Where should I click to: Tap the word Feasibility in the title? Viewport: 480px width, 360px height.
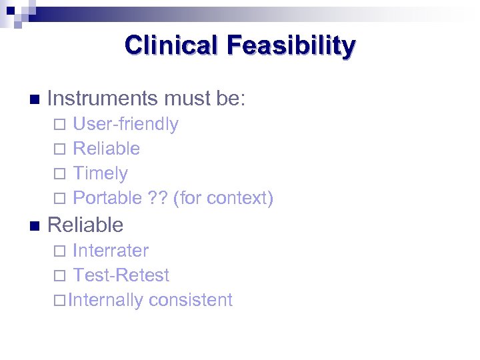click(291, 45)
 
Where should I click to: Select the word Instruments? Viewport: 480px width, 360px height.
click(101, 99)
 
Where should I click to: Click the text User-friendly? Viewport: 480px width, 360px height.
click(125, 124)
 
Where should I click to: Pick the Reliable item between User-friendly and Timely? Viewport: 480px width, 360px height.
click(106, 149)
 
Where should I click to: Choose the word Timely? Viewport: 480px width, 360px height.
click(100, 173)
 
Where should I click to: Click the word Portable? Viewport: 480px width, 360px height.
click(107, 198)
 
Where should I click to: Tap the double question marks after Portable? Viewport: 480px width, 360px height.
click(157, 198)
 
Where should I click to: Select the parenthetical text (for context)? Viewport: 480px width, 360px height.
click(223, 198)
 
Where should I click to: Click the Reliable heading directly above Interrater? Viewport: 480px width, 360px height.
click(85, 225)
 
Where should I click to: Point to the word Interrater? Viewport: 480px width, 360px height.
click(111, 251)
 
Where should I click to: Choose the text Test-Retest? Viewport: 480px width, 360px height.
click(121, 275)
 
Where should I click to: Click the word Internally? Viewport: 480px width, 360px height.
click(105, 300)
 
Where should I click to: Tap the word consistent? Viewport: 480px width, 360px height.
click(191, 300)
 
